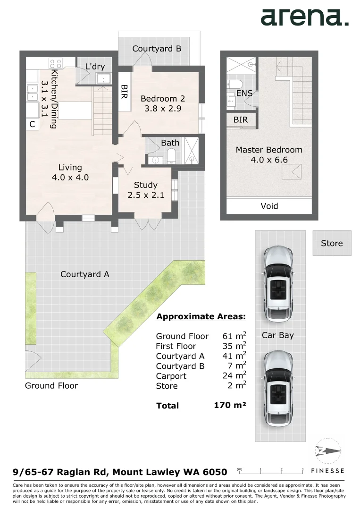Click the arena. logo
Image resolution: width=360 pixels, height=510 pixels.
coord(304,18)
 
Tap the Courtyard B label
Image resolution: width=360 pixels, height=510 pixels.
coord(157,49)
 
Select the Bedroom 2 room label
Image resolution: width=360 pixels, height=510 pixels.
coord(163,99)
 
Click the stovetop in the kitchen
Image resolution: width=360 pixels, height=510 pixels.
coord(56,63)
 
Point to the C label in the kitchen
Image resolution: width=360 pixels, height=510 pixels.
coord(32,125)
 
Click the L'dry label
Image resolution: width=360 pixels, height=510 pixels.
coord(95,67)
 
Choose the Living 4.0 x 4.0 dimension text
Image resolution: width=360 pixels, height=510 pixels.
coord(70,178)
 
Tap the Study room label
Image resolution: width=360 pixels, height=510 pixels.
coord(145,185)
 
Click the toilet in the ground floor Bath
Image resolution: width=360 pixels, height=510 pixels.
coord(171,156)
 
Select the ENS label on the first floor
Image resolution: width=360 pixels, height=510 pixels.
coord(244,93)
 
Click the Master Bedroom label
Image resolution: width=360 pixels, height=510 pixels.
coord(269,150)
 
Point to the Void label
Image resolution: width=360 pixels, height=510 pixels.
coord(269,206)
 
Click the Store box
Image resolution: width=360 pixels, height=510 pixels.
coord(332,243)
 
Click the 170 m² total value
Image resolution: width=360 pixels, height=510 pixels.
coord(230,405)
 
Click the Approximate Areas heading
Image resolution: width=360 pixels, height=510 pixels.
coord(201,316)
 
